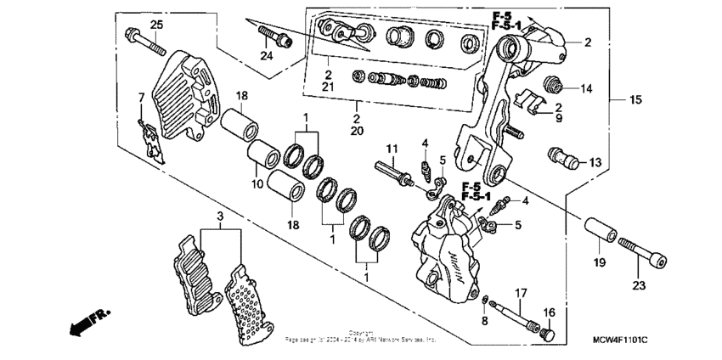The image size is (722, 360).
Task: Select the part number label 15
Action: coord(635,101)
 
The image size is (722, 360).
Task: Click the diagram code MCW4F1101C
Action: coord(620,340)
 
